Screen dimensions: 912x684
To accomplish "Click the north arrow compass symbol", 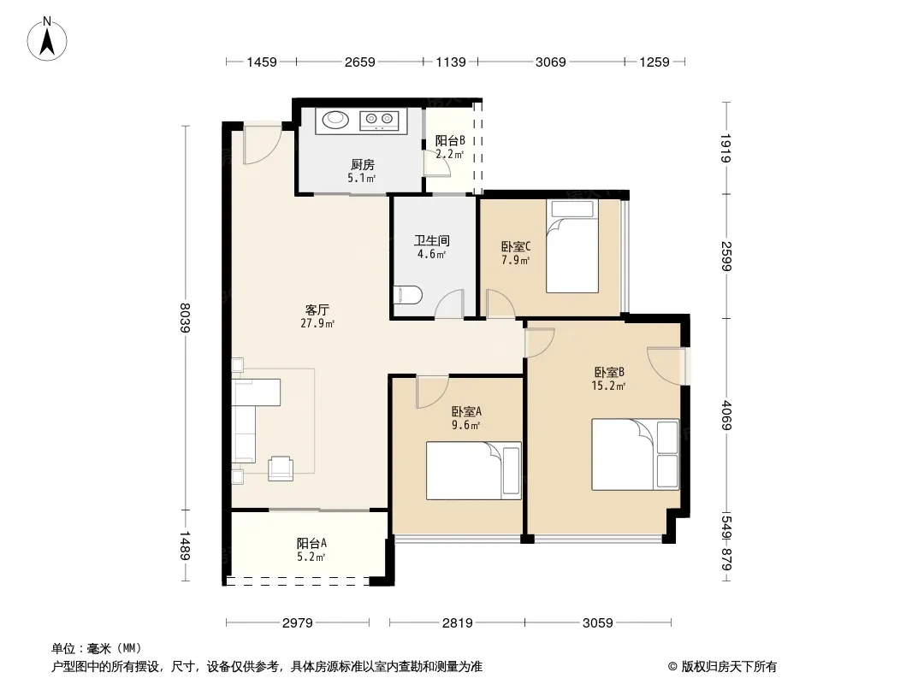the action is click(47, 39).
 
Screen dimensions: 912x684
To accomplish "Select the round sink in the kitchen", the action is click(335, 120).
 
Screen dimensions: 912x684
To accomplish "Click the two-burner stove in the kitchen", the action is click(379, 121).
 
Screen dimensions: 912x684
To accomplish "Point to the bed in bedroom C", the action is click(572, 246).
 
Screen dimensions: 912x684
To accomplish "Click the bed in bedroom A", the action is click(473, 471).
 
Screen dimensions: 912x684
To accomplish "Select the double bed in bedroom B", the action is click(635, 455).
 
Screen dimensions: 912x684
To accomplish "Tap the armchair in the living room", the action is click(281, 469).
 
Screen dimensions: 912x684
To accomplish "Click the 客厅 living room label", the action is click(317, 310).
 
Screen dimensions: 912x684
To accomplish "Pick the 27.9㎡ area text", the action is click(317, 324).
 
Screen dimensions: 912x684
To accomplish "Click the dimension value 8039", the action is click(186, 317).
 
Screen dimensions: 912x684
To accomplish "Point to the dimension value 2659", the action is click(360, 62).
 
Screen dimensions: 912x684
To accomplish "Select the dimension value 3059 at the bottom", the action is click(598, 623).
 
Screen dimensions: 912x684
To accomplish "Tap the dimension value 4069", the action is click(725, 415).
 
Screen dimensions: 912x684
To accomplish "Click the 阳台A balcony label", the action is click(311, 544).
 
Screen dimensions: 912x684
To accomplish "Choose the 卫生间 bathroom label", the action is click(431, 240).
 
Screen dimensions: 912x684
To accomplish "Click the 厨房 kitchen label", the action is click(363, 165).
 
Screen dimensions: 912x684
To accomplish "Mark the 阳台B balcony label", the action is click(450, 140).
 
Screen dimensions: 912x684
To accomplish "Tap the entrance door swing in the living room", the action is click(263, 144).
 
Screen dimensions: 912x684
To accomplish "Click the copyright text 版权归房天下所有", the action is click(729, 667).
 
